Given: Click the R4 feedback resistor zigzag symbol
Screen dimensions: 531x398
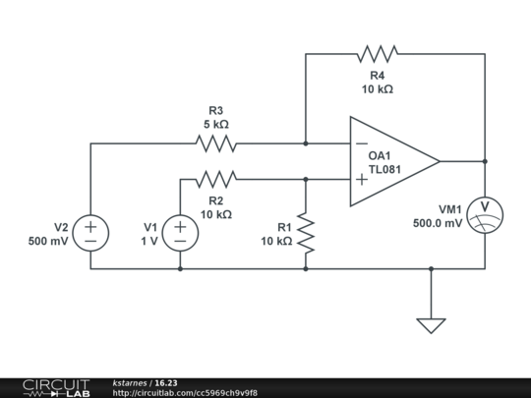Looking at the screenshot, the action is pos(378,54).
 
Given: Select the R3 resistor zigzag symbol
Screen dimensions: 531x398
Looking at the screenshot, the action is pos(216,143).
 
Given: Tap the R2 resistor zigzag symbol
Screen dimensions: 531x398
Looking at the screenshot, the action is pos(216,179).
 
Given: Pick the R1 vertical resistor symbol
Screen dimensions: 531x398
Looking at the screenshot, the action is pos(306,233).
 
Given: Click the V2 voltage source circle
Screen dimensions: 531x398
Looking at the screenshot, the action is pos(90,233).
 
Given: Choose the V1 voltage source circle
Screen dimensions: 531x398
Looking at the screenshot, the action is pos(180,233).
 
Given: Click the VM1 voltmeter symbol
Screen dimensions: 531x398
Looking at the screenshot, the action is pos(485,215).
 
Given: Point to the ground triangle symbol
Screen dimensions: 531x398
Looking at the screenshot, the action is pos(431,325).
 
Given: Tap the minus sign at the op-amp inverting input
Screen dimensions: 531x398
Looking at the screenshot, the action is pos(362,143).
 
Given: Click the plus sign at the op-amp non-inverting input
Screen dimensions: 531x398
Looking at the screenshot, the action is pos(362,180).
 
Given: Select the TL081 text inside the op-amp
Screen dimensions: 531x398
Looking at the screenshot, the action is pos(384,169).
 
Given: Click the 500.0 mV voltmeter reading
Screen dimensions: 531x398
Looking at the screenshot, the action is pos(438,223).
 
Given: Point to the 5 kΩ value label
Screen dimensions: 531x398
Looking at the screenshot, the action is pos(216,124).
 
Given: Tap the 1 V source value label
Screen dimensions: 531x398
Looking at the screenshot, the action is pos(149,241).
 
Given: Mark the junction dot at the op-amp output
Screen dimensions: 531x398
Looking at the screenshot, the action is pos(485,161).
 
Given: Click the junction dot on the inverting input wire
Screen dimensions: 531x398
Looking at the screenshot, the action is pos(306,143).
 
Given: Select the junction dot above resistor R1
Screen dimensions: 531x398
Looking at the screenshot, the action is pos(306,179).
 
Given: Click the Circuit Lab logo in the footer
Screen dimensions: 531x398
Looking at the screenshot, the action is pos(57,388).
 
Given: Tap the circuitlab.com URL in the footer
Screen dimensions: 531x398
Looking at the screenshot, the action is pos(185,393).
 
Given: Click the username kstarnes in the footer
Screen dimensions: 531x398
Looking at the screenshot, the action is pos(130,383).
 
